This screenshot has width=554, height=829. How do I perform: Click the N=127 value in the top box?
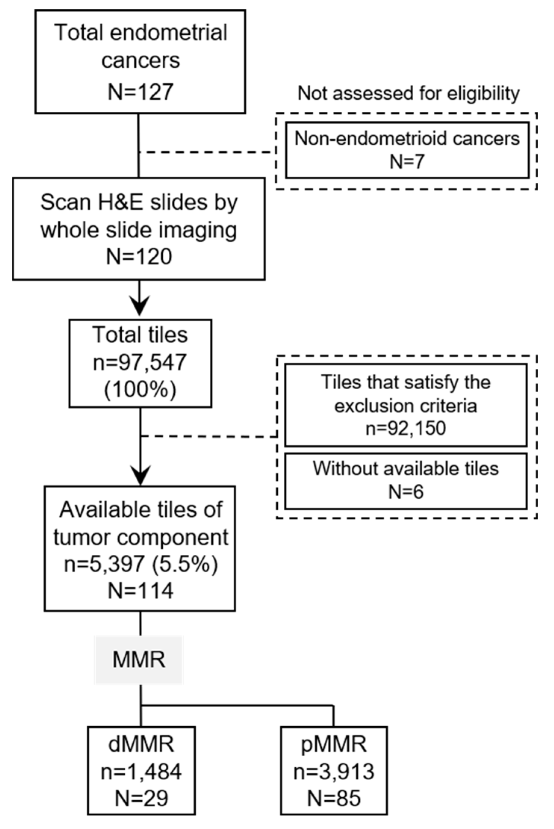click(x=140, y=92)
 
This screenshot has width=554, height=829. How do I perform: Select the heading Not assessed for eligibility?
click(x=408, y=93)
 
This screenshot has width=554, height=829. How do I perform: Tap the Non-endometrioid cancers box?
click(x=407, y=150)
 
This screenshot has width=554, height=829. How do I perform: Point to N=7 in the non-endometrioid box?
click(x=407, y=162)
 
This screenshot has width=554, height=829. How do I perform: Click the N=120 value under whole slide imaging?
click(x=139, y=257)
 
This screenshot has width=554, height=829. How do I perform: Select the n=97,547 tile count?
click(x=140, y=362)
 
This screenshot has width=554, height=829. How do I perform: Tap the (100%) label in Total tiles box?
click(x=140, y=390)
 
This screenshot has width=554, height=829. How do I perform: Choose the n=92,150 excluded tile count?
click(x=405, y=428)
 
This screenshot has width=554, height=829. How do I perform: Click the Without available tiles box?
click(x=405, y=481)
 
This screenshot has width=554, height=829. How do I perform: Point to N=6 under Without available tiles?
click(x=405, y=492)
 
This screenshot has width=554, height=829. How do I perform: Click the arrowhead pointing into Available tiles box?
click(x=140, y=474)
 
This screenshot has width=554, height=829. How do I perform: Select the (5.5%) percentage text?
click(x=185, y=564)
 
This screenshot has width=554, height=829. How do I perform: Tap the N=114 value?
click(x=140, y=591)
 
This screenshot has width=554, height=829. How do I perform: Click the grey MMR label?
click(x=139, y=660)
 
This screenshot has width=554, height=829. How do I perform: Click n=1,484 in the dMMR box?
click(x=141, y=771)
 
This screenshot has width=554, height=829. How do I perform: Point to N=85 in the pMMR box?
click(x=334, y=798)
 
